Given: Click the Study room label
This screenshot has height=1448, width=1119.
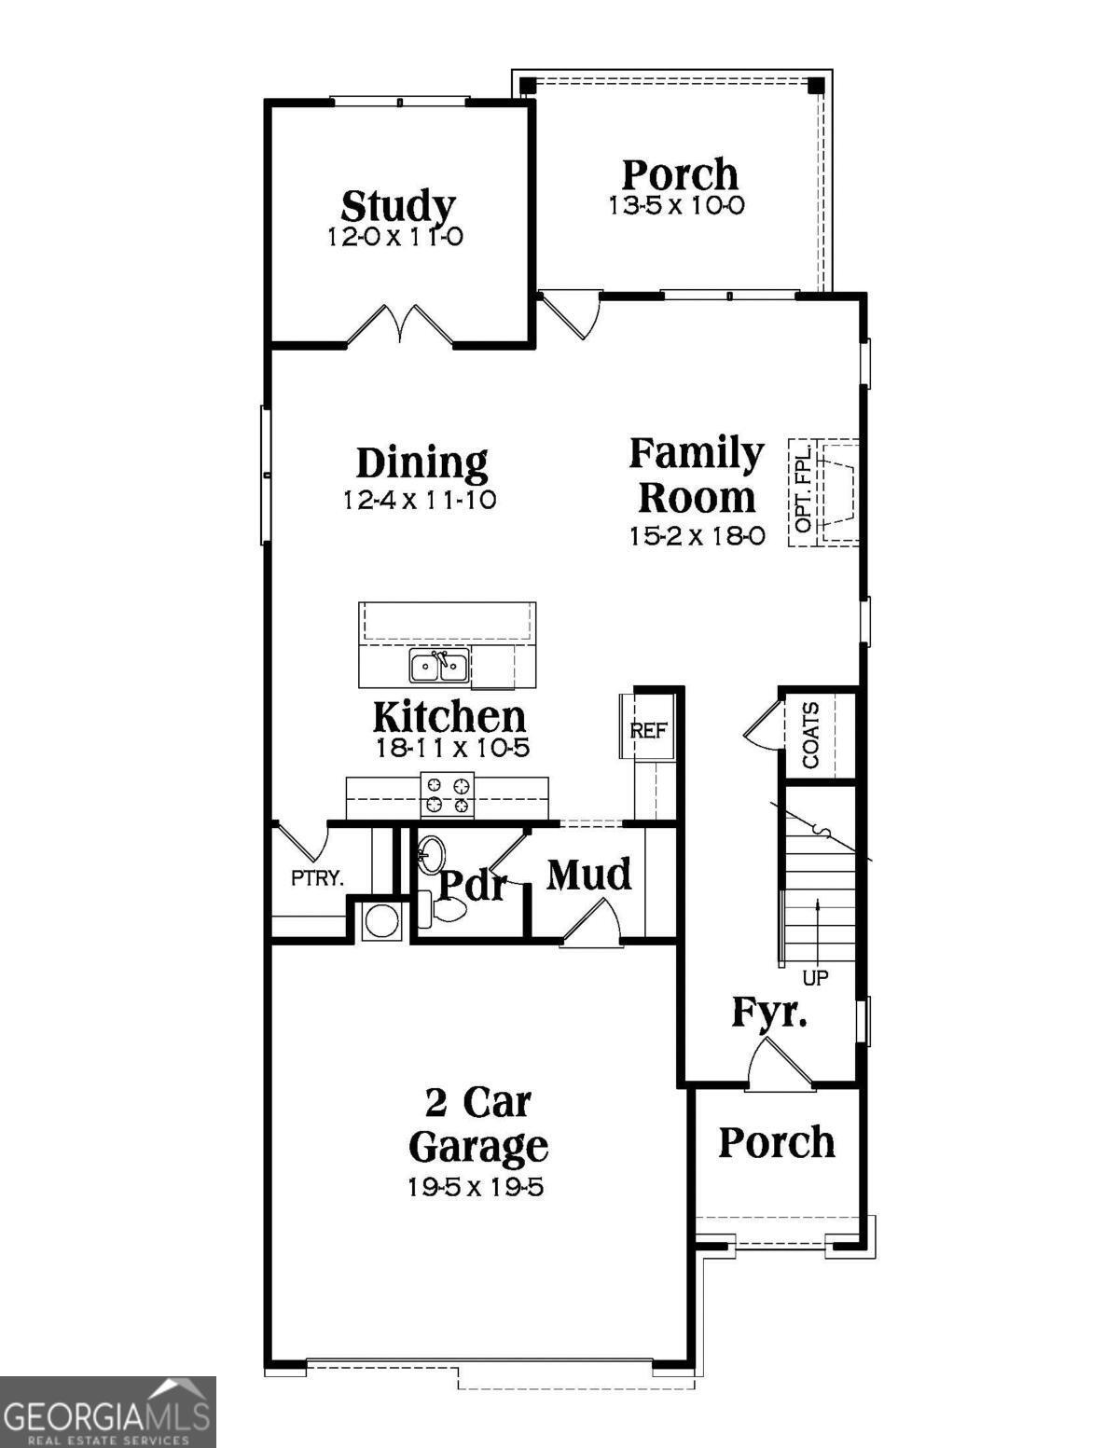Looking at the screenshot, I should (x=397, y=206).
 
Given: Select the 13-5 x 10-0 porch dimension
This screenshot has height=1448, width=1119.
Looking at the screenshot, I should (x=677, y=206).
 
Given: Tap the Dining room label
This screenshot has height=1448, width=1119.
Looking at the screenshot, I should (x=421, y=462).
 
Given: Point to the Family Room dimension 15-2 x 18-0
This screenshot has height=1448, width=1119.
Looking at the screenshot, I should (x=697, y=536).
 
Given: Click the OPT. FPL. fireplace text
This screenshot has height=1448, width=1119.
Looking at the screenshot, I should (x=804, y=491).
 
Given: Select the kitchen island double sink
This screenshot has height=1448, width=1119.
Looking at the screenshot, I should (x=438, y=667).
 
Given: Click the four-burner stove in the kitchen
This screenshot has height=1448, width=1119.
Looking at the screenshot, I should (x=447, y=795).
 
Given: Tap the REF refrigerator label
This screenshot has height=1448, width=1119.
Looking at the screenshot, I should (x=649, y=730).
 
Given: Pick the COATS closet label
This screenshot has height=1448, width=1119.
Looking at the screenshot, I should (x=811, y=735).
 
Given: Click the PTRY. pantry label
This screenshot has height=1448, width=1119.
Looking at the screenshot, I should (x=317, y=877).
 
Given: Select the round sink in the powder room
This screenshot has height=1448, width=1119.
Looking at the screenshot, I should (x=430, y=853).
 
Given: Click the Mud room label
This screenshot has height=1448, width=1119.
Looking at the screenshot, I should (x=588, y=875).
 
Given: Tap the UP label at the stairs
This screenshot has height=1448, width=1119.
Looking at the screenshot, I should (x=815, y=978).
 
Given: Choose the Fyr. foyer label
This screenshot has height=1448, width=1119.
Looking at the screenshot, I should (x=768, y=1013).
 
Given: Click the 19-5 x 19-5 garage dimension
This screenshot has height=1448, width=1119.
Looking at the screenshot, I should (x=476, y=1187).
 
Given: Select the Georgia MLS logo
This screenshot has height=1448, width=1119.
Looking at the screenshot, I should (x=107, y=1412).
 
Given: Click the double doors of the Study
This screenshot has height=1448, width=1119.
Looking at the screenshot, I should (x=400, y=325).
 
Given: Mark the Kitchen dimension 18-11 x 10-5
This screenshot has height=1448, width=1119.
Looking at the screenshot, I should (x=452, y=748).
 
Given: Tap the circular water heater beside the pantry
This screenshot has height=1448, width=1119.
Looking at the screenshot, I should (x=381, y=920).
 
